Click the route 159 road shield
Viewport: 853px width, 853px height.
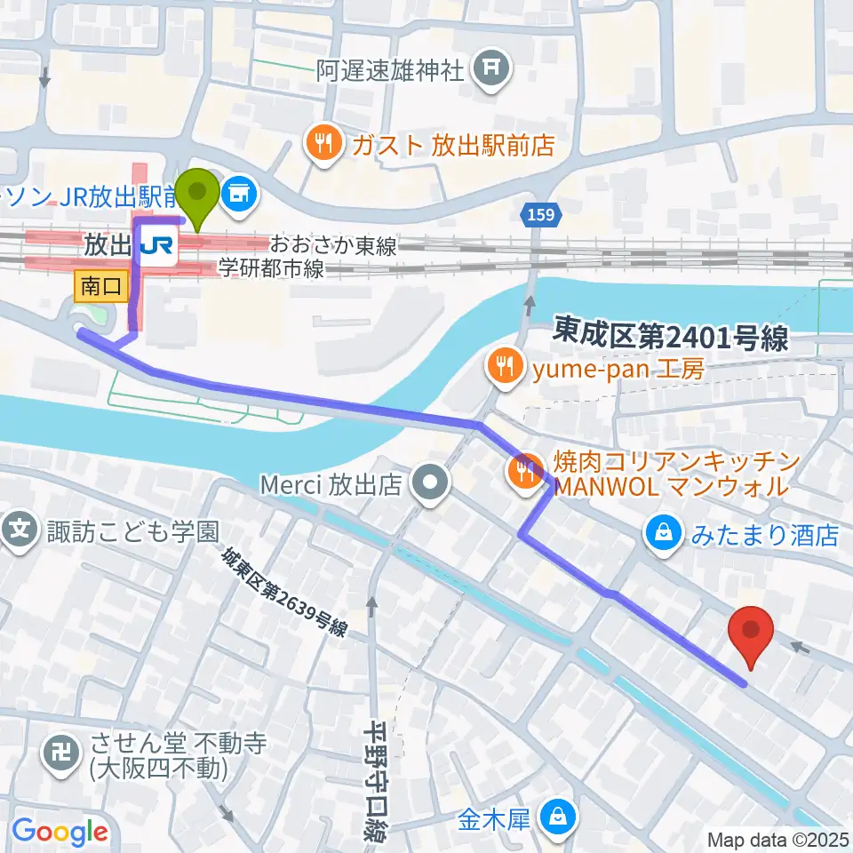click(x=532, y=216)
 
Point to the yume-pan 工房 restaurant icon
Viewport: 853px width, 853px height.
click(x=504, y=366)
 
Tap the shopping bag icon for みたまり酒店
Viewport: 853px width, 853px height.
click(x=663, y=534)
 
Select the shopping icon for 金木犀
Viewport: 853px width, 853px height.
click(x=557, y=815)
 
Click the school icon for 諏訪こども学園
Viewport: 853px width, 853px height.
click(x=20, y=532)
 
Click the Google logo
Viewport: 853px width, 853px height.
click(x=60, y=831)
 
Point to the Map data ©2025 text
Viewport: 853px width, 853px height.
click(x=777, y=839)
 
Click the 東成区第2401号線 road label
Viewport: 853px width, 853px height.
click(x=670, y=336)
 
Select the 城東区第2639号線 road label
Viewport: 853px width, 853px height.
click(x=283, y=591)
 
